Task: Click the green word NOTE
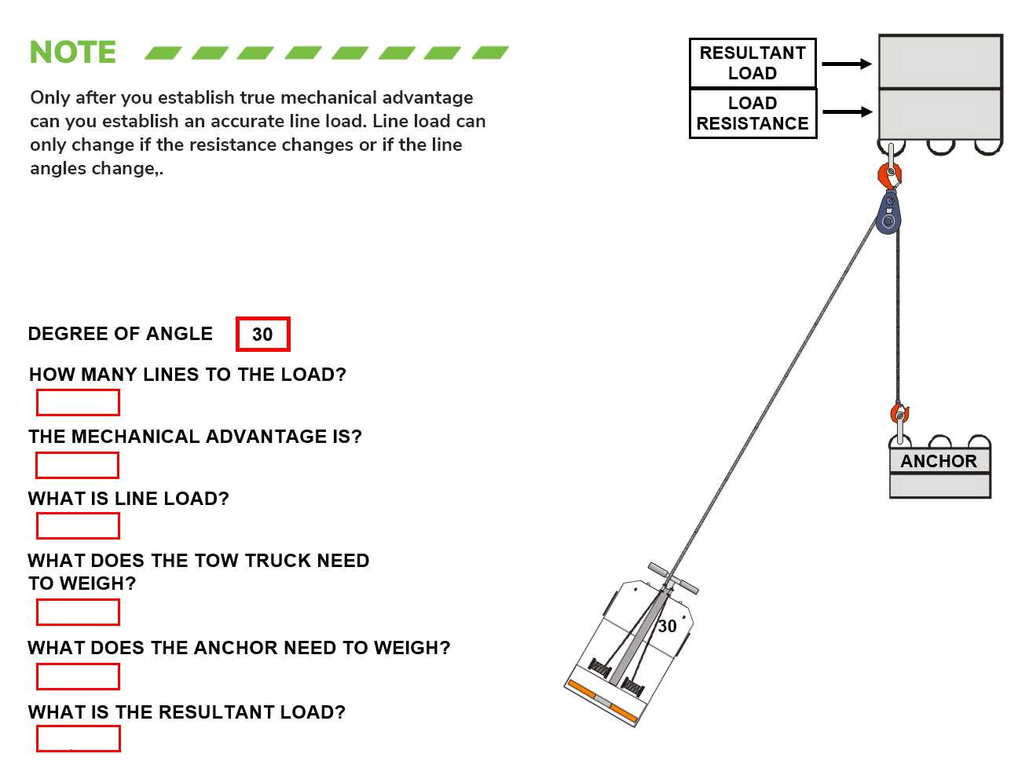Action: [73, 53]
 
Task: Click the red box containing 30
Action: [262, 335]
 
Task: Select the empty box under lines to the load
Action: [78, 403]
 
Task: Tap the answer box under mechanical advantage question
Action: [78, 465]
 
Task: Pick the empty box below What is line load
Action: [78, 525]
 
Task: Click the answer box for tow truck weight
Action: [78, 612]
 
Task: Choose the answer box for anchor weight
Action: [78, 676]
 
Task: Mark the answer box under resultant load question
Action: [78, 739]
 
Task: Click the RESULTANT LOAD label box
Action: [753, 63]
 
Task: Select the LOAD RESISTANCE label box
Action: [753, 114]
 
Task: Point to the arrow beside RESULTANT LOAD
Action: [847, 64]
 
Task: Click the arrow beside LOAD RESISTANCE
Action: [847, 112]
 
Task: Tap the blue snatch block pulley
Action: [888, 215]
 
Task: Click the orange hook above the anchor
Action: [899, 412]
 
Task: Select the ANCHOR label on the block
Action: [939, 461]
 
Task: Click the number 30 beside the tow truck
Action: [667, 626]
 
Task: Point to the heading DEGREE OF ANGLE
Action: [120, 334]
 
